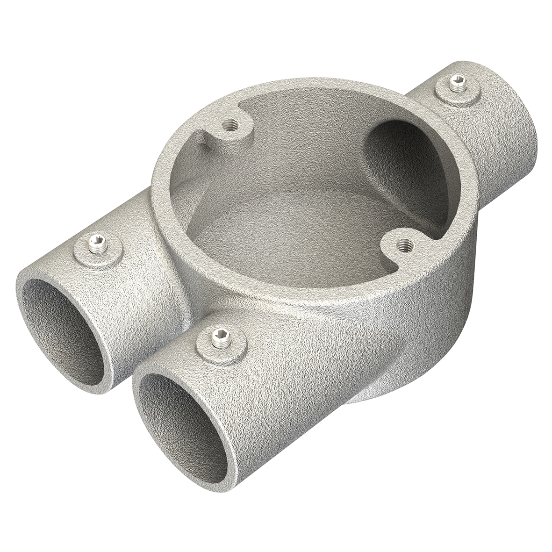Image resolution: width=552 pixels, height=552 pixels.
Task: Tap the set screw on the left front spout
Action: [98, 243]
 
